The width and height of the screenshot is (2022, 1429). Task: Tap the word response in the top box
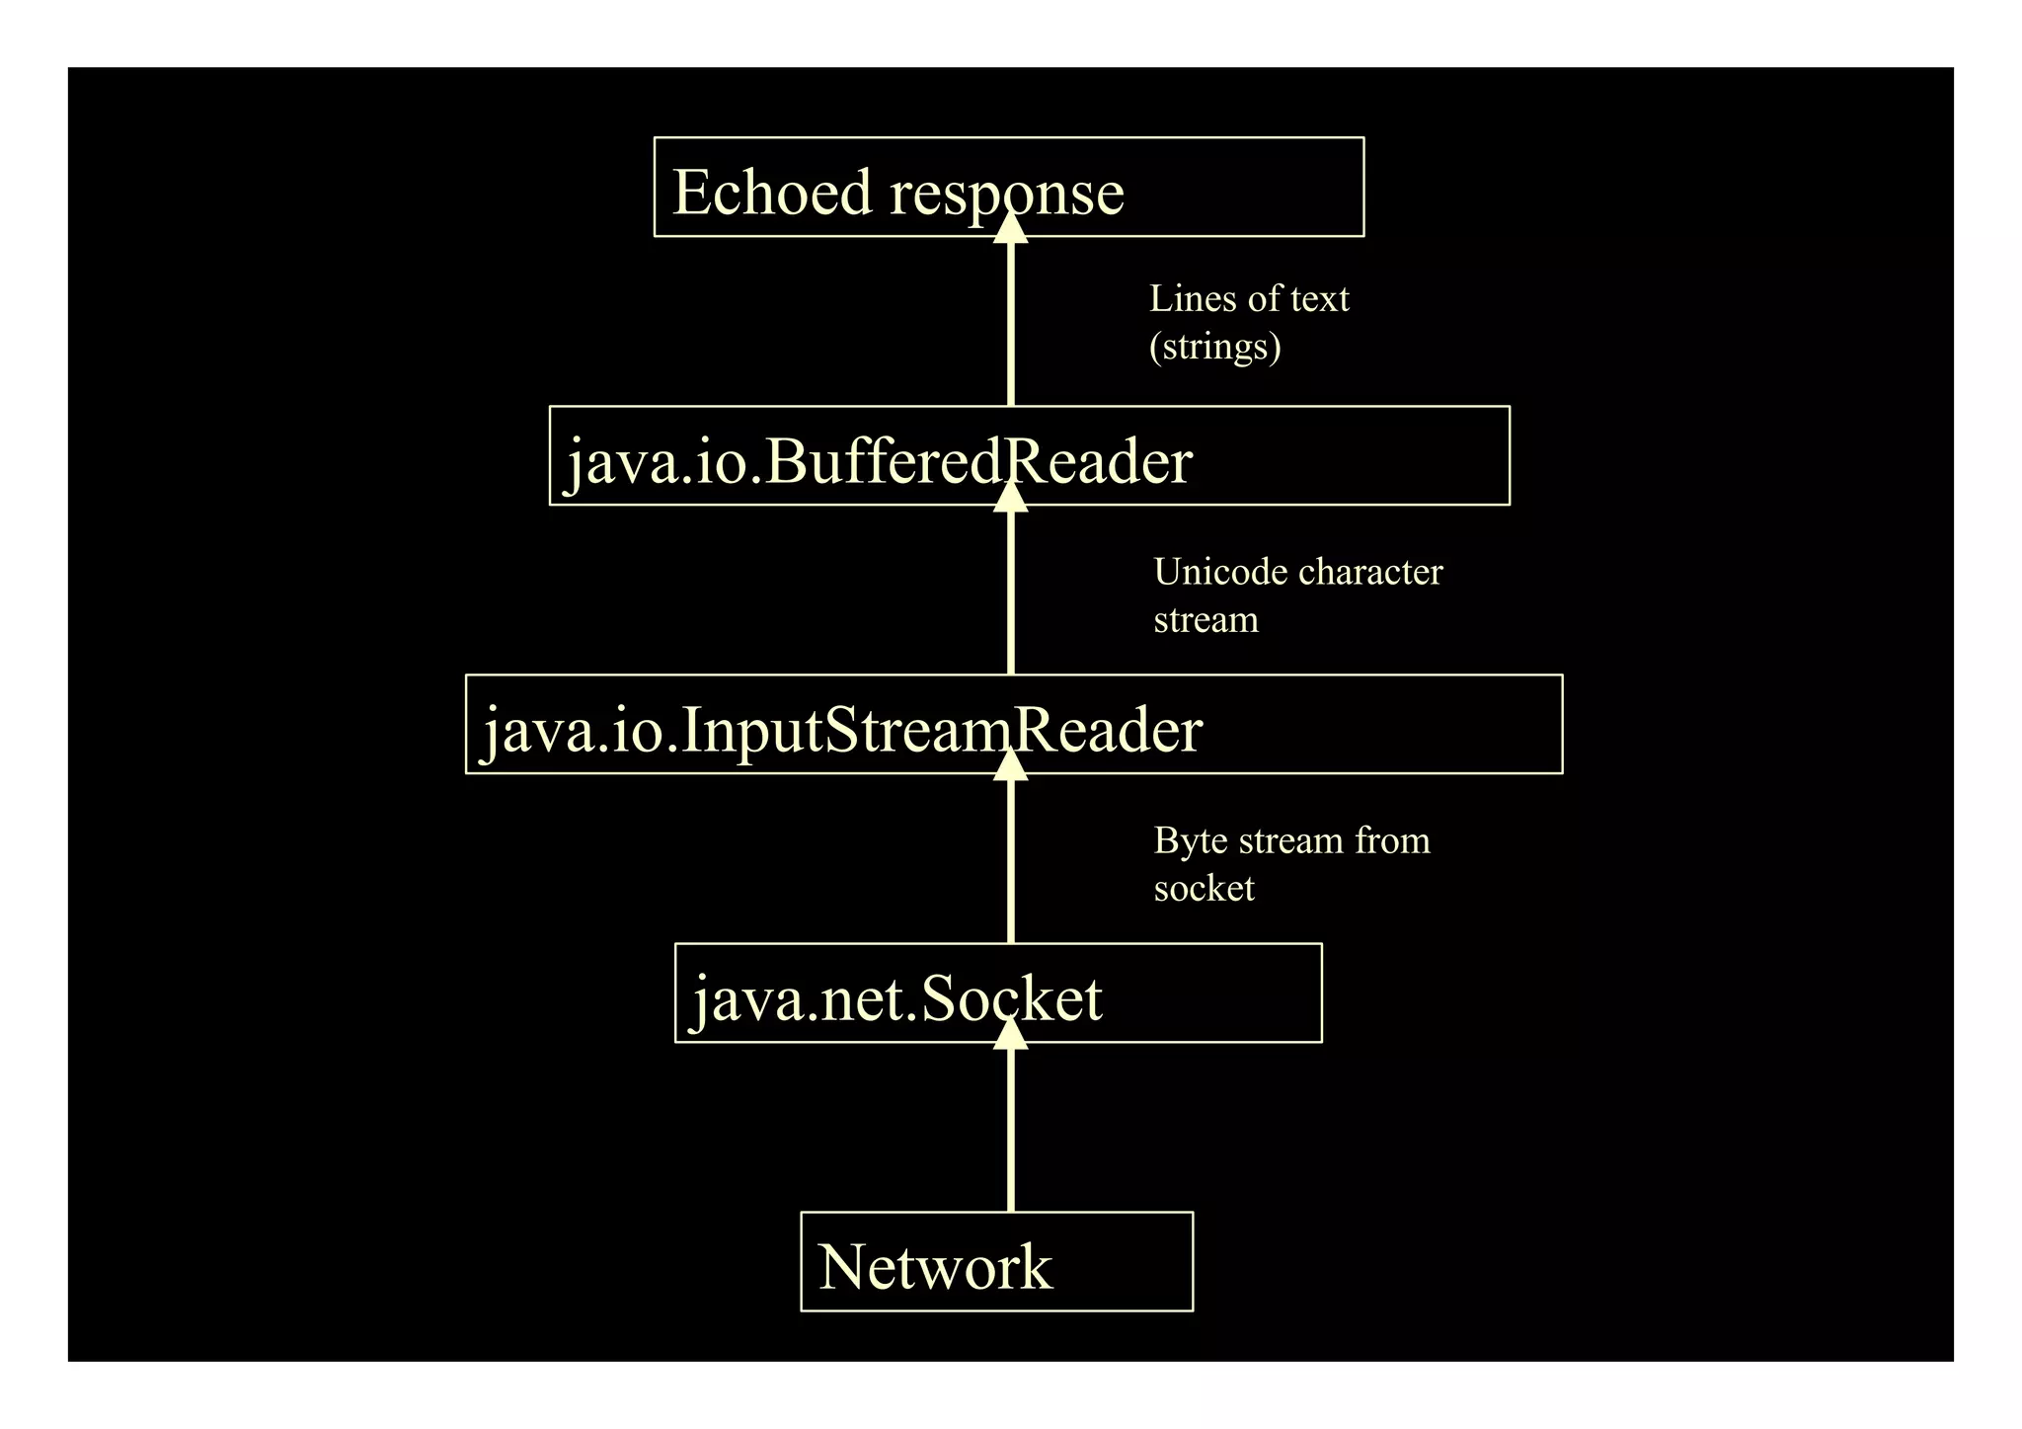pos(1007,194)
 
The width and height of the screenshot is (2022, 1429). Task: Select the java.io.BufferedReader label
pos(879,461)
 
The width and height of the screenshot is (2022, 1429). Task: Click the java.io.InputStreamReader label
pos(841,730)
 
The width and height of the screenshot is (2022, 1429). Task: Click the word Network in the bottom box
pos(935,1267)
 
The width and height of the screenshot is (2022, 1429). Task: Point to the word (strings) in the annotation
pos(1214,347)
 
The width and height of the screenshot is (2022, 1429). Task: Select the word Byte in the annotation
pos(1190,840)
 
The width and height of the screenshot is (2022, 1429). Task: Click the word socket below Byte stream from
pos(1204,888)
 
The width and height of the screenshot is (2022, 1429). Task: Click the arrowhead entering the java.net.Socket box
pos(1010,1033)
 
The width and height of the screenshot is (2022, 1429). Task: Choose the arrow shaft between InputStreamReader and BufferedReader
pos(1010,593)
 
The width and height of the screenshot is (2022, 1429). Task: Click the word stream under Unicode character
pos(1205,620)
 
